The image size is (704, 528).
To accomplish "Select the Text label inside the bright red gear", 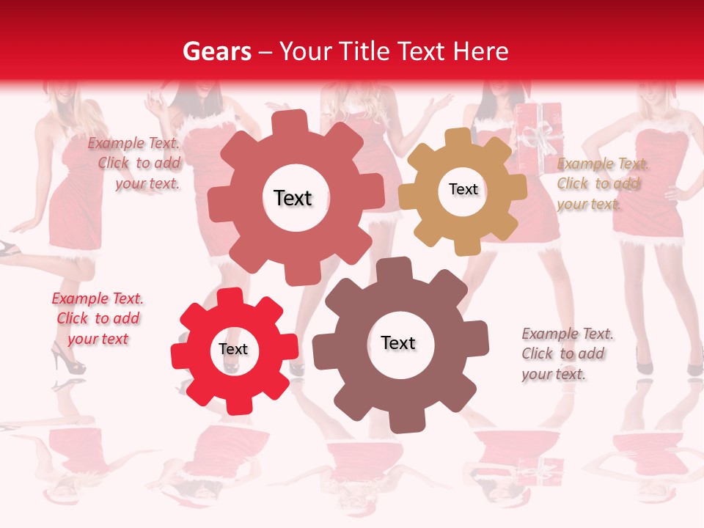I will (233, 350).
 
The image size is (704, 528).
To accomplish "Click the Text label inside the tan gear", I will (463, 189).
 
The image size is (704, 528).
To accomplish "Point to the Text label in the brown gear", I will (398, 342).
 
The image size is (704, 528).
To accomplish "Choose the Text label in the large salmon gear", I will (293, 198).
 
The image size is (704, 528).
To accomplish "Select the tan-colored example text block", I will (600, 183).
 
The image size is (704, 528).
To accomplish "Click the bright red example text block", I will (98, 318).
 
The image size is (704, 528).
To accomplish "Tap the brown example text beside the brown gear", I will (566, 353).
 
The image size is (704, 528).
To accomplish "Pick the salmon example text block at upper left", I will (136, 163).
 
